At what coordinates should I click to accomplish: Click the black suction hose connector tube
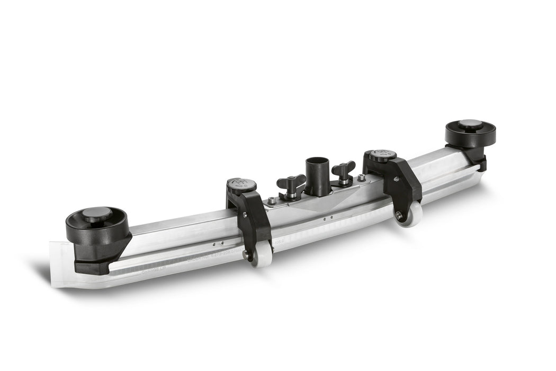click(317, 175)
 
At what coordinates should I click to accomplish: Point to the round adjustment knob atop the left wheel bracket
click(241, 185)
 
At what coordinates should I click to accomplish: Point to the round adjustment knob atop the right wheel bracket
click(382, 156)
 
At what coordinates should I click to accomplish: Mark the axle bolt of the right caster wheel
click(399, 216)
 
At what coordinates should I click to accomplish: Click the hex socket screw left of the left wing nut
click(271, 200)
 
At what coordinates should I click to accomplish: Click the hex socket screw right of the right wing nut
click(361, 179)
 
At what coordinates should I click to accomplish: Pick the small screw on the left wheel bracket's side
click(245, 215)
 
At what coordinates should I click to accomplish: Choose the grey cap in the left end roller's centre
click(97, 214)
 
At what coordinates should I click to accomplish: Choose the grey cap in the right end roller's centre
click(470, 124)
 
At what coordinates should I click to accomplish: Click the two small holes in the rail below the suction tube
click(327, 217)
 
